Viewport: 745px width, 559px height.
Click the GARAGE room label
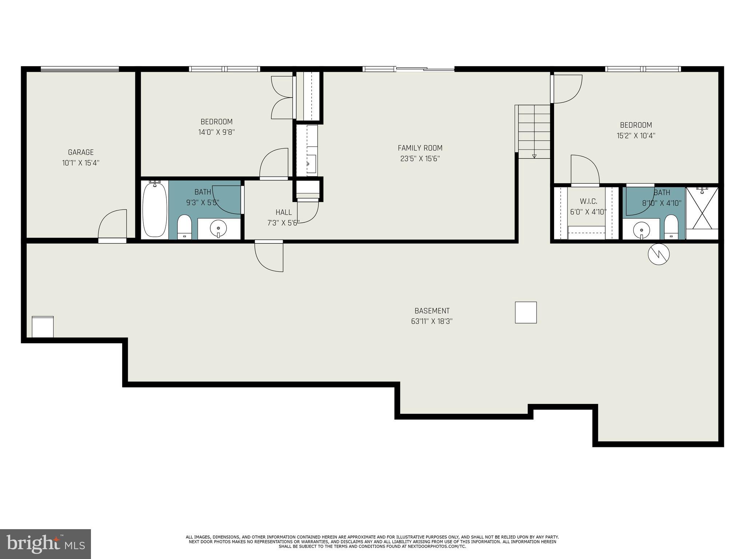click(81, 152)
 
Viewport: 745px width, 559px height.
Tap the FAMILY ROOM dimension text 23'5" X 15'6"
click(420, 159)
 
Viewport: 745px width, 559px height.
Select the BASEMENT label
click(432, 311)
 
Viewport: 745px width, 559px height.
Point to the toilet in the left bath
click(184, 226)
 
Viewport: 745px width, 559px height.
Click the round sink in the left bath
click(218, 229)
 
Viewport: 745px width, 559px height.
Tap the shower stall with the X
click(702, 208)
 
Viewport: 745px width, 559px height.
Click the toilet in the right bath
click(671, 226)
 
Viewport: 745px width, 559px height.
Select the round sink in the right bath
click(641, 230)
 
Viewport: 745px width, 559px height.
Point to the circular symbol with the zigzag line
click(658, 254)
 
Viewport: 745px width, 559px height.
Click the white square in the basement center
click(526, 312)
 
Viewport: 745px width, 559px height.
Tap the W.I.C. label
click(588, 201)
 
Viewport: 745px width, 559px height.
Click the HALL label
click(283, 212)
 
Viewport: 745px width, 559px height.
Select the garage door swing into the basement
click(113, 225)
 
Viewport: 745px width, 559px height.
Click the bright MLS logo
click(45, 544)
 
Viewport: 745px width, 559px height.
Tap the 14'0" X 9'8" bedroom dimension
click(216, 132)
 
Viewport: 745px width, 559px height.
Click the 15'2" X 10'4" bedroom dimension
click(636, 136)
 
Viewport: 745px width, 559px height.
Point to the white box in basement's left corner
click(43, 327)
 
